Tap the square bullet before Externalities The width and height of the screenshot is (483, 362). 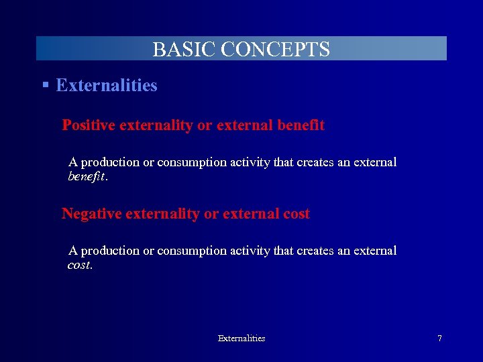click(45, 85)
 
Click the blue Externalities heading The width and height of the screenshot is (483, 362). click(107, 85)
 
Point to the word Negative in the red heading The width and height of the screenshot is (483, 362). click(93, 214)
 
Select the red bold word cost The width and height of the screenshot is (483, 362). click(296, 214)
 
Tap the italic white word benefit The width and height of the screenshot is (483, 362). click(87, 178)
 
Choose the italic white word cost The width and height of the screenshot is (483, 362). click(80, 265)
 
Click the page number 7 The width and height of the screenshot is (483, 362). click(439, 339)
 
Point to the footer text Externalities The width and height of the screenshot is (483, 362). click(241, 339)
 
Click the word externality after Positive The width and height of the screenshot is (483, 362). click(156, 125)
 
